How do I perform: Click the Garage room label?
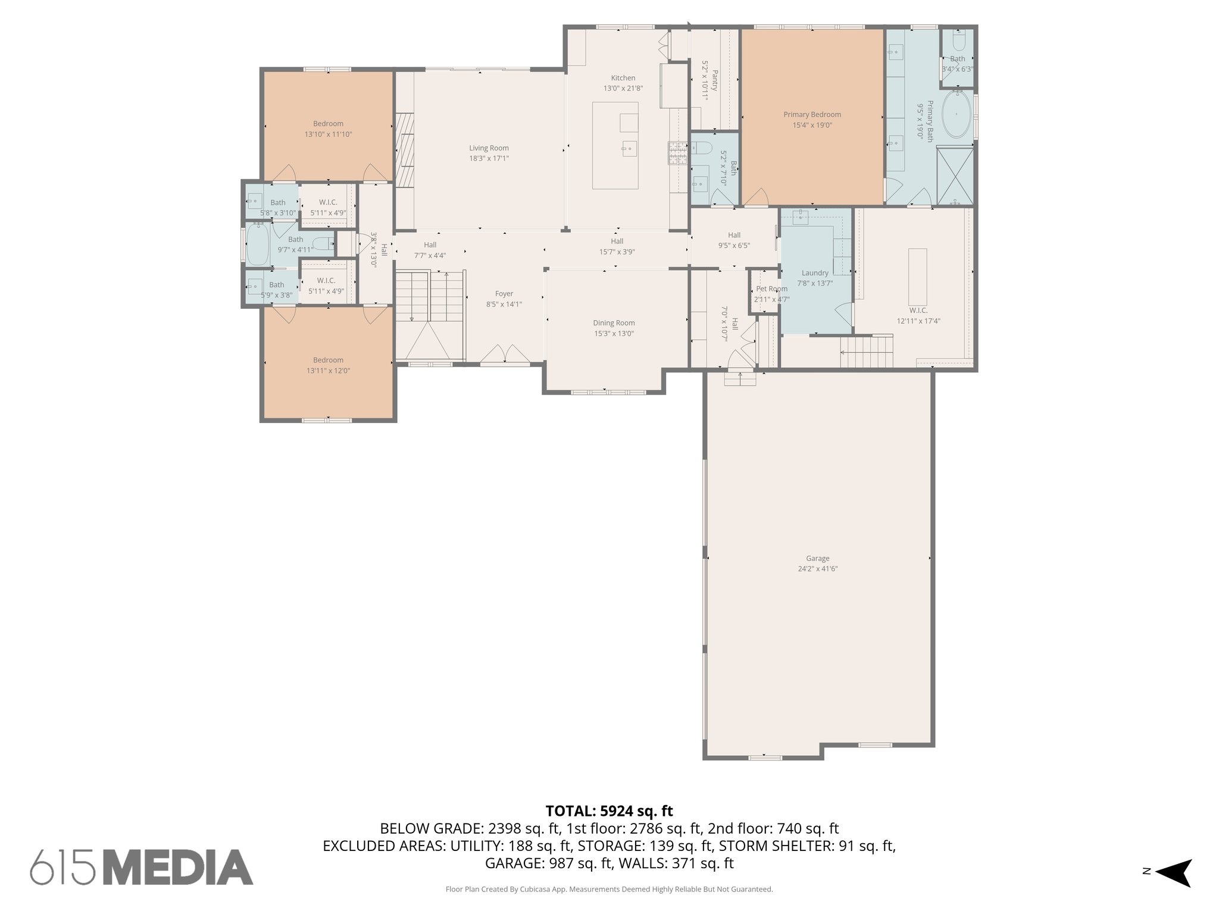point(817,558)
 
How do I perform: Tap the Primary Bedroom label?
point(812,115)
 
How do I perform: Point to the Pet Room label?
point(771,289)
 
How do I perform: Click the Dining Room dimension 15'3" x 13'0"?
point(614,334)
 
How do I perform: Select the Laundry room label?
point(815,273)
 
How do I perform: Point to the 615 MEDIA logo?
point(142,867)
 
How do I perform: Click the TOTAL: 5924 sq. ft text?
point(609,810)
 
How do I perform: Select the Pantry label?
point(714,80)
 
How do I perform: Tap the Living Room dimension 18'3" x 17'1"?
point(489,158)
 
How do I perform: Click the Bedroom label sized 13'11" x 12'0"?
point(328,360)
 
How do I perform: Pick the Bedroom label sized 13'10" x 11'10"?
point(328,124)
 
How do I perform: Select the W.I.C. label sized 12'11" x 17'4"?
point(918,311)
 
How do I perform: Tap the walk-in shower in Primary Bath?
point(955,176)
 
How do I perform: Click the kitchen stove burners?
point(677,153)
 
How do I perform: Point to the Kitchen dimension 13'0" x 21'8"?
point(623,88)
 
